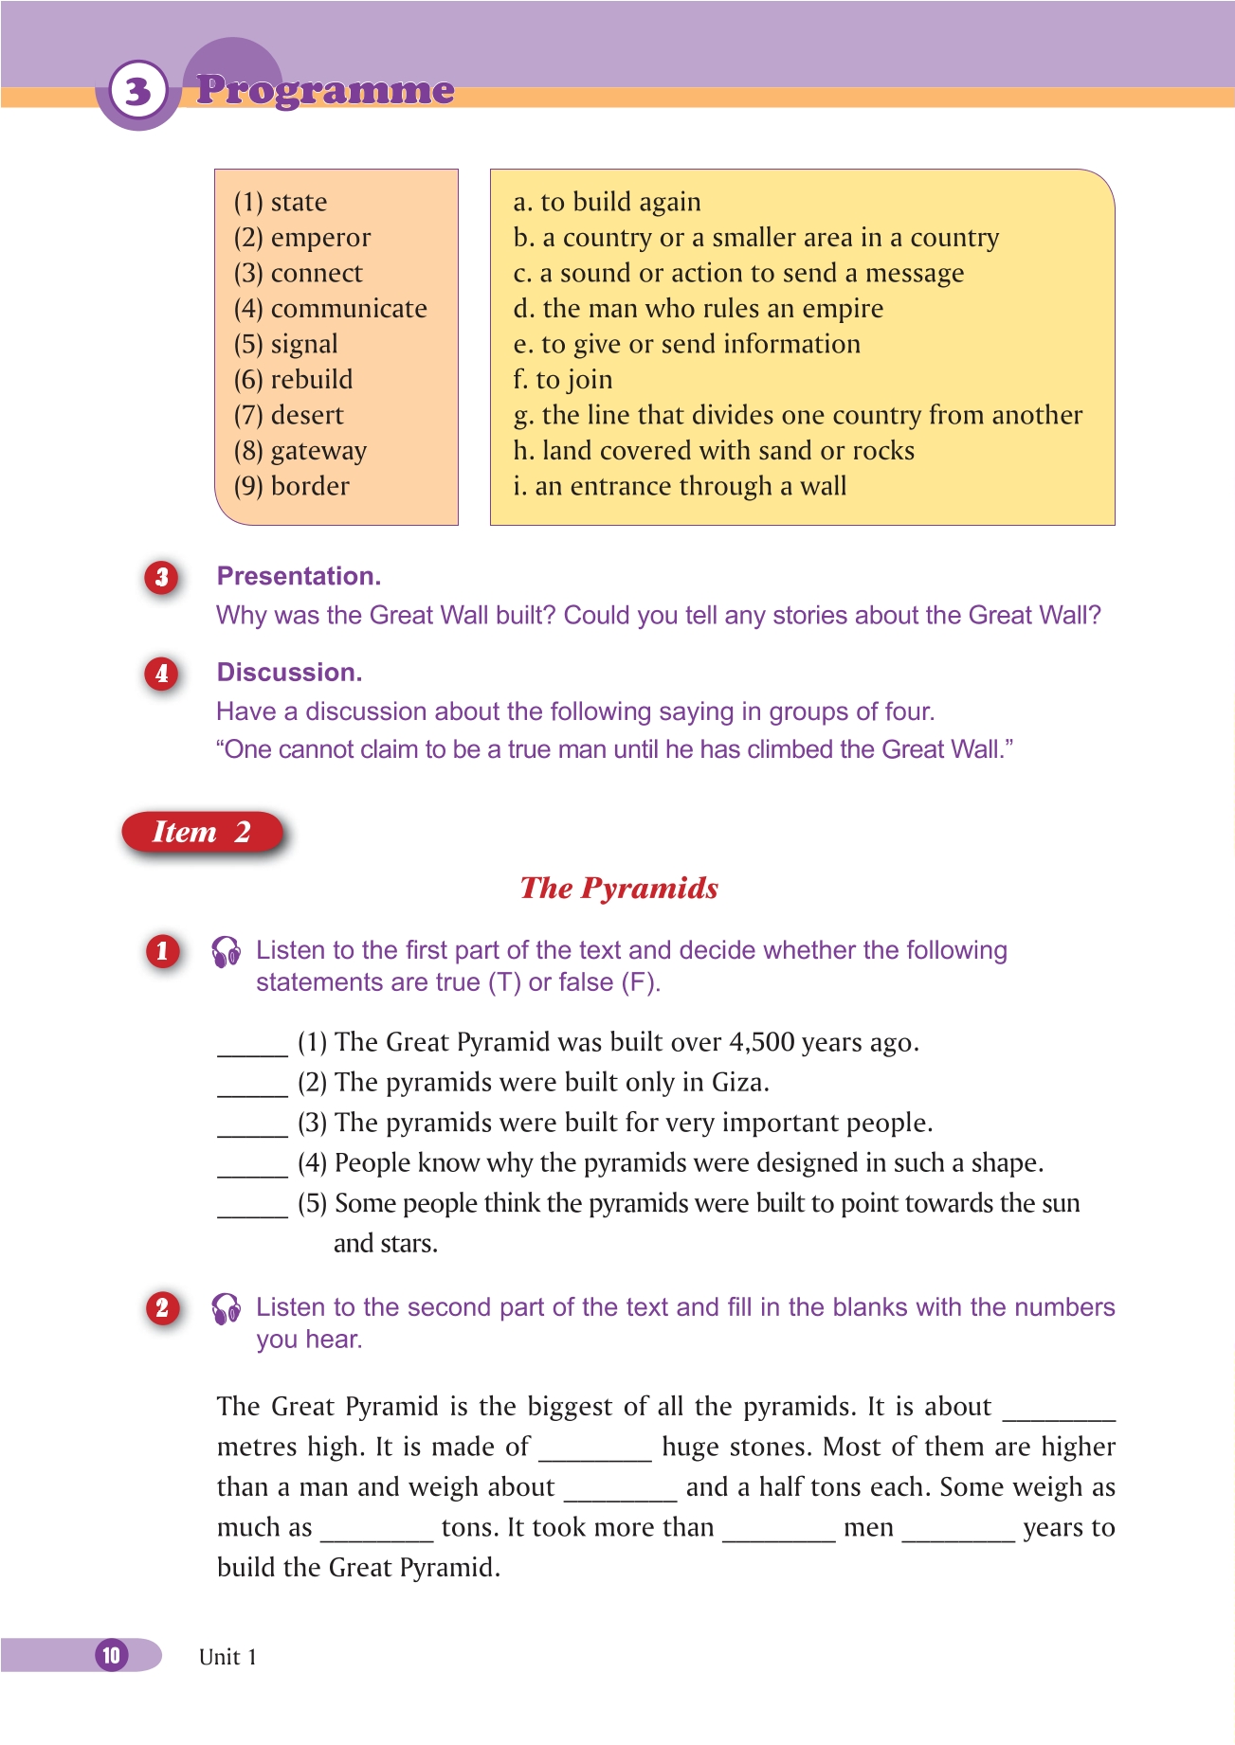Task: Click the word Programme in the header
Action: click(x=325, y=90)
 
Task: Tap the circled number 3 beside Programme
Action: click(x=138, y=91)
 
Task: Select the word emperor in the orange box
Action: click(x=320, y=238)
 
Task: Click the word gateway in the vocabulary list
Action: click(x=318, y=451)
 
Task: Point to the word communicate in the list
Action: click(x=349, y=309)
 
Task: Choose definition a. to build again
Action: click(x=607, y=202)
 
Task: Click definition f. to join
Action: click(x=563, y=380)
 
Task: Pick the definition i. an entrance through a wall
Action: click(x=680, y=487)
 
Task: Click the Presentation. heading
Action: click(x=299, y=576)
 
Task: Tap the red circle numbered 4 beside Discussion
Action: click(x=162, y=674)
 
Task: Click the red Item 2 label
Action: click(x=202, y=832)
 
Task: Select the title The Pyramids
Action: click(x=619, y=888)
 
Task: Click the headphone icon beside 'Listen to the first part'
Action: click(x=227, y=952)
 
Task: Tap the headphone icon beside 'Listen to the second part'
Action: click(x=227, y=1309)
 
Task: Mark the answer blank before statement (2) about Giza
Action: click(x=252, y=1086)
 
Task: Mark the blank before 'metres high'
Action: click(x=1059, y=1410)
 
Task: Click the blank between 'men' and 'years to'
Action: click(x=958, y=1531)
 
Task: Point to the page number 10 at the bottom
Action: click(x=112, y=1655)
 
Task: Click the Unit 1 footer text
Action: click(x=227, y=1657)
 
